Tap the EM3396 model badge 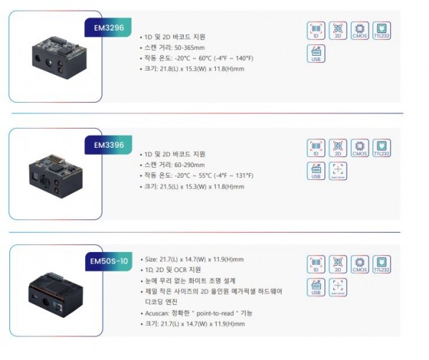108,145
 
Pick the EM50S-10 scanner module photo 54,293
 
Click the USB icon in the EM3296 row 315,54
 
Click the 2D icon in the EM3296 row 338,31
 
